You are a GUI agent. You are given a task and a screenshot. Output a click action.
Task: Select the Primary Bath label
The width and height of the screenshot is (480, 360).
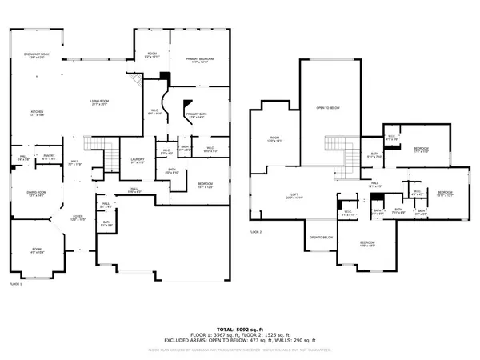[197, 117]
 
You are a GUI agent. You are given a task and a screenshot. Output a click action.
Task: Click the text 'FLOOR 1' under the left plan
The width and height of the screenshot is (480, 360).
[15, 284]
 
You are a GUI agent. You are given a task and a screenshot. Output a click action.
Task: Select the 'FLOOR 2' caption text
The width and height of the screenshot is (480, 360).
[255, 231]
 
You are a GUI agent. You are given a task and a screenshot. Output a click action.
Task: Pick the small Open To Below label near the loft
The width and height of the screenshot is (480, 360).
[322, 237]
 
